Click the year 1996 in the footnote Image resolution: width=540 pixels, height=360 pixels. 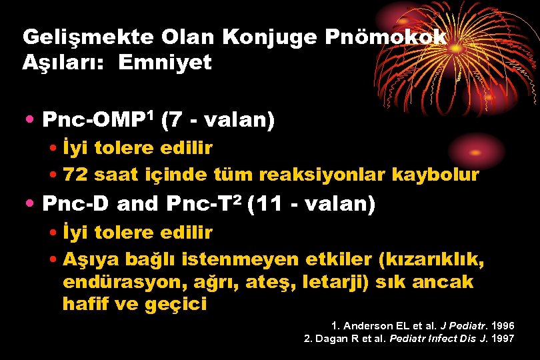click(501, 326)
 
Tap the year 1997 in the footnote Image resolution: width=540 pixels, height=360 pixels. click(501, 339)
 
